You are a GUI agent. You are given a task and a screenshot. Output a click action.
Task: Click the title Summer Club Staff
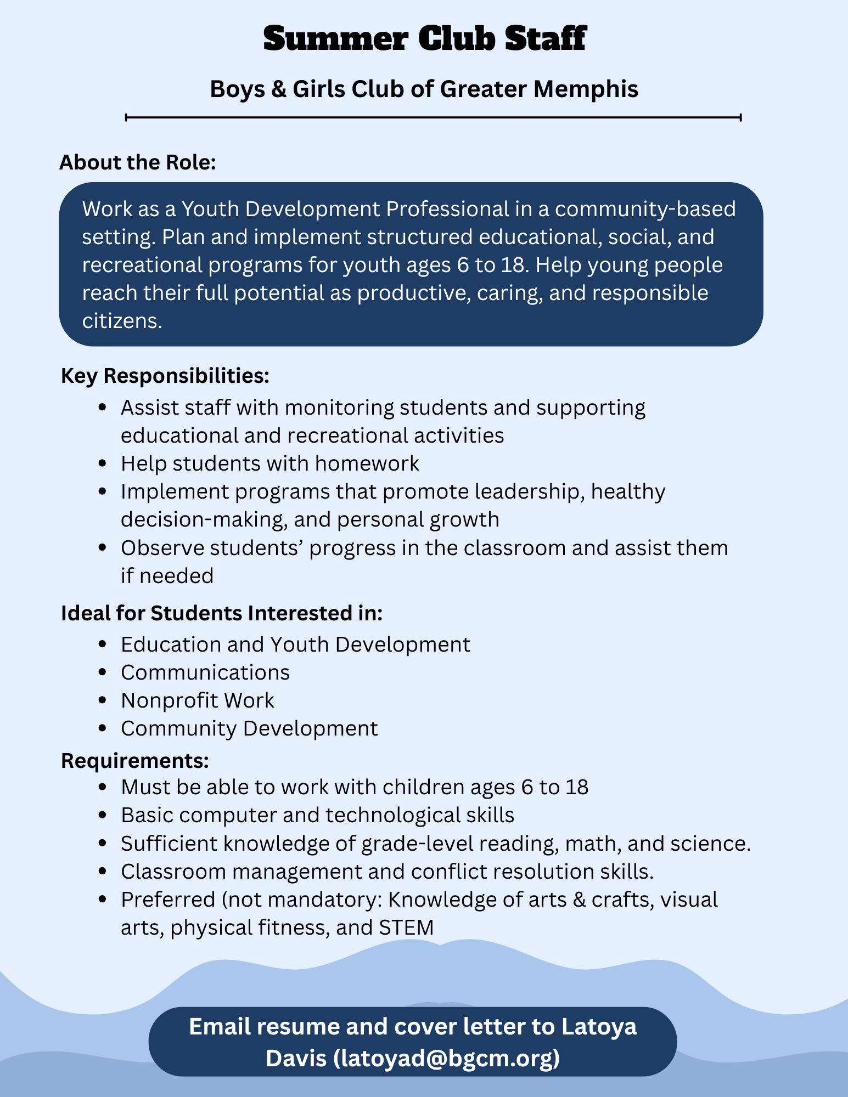[424, 39]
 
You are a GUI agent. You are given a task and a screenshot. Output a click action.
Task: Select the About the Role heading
[138, 163]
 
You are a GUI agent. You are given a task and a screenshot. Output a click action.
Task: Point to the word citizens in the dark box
[122, 321]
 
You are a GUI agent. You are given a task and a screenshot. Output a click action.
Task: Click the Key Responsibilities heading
[165, 376]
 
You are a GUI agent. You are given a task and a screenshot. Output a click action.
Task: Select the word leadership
[527, 491]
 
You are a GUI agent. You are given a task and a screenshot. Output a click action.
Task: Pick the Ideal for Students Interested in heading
[222, 613]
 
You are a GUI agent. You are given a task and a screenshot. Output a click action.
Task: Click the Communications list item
[205, 672]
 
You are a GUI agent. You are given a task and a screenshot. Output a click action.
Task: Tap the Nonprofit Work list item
[198, 700]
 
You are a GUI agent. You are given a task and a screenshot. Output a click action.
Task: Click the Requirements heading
[135, 761]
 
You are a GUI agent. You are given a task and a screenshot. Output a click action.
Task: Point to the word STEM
[406, 928]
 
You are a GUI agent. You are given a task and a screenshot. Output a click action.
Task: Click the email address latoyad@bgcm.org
[446, 1058]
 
